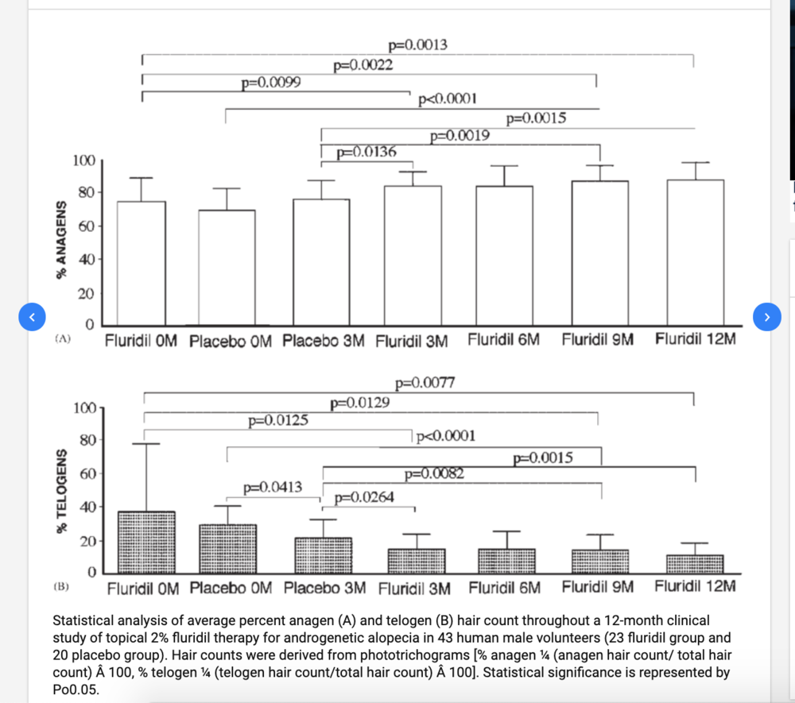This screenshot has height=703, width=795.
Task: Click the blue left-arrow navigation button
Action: [31, 317]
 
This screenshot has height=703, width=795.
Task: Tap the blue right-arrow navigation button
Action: [766, 317]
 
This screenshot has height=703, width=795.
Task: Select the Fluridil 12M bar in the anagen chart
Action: [695, 253]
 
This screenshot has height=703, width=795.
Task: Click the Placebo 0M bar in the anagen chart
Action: [227, 268]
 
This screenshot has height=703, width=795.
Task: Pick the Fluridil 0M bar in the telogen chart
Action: [146, 543]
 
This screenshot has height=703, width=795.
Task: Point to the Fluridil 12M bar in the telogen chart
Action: [695, 564]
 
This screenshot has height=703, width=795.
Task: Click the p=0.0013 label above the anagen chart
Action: [417, 45]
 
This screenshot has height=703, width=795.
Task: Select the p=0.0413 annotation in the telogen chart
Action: [273, 487]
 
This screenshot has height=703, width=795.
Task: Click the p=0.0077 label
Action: [425, 384]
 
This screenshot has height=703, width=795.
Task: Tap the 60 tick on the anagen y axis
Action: [85, 226]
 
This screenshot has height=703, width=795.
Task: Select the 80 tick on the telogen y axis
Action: [85, 440]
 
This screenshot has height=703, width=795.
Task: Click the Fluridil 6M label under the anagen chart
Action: [504, 339]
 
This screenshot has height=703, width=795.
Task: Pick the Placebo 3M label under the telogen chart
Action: [324, 589]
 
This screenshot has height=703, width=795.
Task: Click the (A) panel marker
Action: [63, 339]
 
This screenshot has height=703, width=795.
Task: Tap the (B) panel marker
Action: [62, 588]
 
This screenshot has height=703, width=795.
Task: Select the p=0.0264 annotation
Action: [364, 498]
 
